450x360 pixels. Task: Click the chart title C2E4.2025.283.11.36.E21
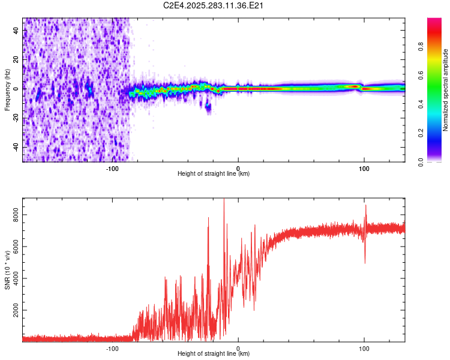click(214, 5)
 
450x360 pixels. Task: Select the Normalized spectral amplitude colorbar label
click(445, 90)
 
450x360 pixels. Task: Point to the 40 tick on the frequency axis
click(16, 30)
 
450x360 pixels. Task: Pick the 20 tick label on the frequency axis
click(16, 59)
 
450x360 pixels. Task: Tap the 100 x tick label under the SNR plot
click(364, 347)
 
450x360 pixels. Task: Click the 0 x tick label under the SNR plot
click(238, 347)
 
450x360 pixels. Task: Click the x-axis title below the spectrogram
click(214, 174)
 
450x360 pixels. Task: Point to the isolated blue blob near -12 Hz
click(208, 107)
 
